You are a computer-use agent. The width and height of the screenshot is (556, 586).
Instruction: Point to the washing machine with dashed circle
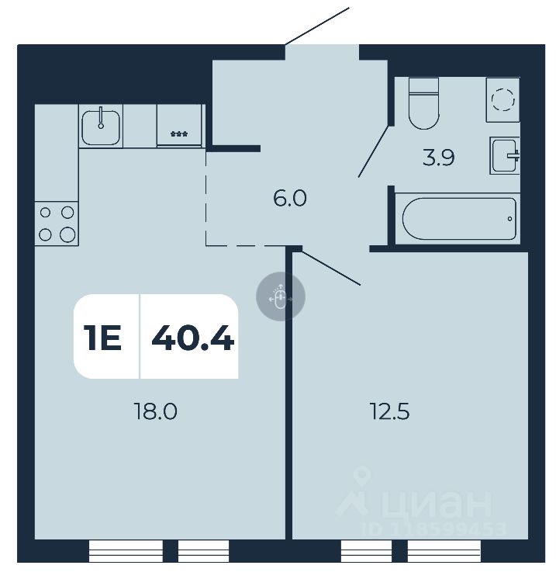502,99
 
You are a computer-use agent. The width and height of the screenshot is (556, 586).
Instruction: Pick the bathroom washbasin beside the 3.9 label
504,155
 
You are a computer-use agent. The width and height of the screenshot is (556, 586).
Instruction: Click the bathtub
456,219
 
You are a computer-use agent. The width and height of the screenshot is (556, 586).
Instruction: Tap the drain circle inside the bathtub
509,219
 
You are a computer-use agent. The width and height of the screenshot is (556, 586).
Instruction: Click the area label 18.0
156,411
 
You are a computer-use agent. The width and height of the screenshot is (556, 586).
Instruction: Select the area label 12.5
389,411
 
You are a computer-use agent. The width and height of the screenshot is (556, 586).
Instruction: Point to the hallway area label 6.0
290,199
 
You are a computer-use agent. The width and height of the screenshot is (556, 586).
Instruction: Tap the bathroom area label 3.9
438,158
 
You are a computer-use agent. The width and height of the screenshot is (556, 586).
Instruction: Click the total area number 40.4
192,338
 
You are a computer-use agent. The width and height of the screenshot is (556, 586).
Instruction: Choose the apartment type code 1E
103,338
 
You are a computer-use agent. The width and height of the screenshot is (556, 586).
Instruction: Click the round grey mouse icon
281,296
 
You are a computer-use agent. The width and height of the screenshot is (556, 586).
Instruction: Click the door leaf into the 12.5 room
331,267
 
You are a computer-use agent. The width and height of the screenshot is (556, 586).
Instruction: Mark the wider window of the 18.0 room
126,551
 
